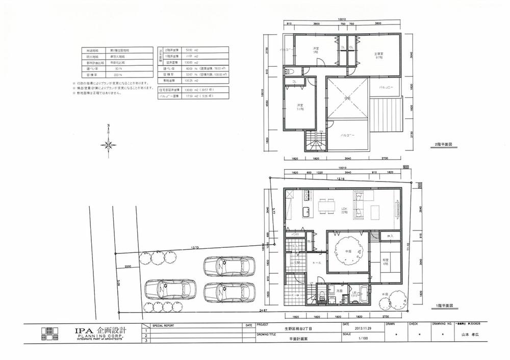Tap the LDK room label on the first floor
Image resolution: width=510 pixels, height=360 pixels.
pyautogui.click(x=344, y=210)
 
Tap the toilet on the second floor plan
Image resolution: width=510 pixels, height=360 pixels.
pyautogui.click(x=289, y=71)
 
